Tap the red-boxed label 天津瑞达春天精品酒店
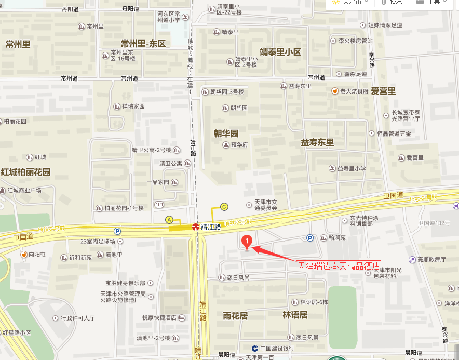(338, 266)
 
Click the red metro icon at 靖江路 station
(195, 227)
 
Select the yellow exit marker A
(169, 219)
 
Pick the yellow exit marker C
(224, 206)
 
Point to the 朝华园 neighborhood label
(226, 133)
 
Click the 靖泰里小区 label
(280, 52)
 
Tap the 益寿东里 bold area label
(317, 142)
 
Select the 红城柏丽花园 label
(25, 172)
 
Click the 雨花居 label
(235, 315)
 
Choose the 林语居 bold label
(295, 315)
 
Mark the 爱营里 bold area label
(383, 91)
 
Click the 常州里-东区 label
(143, 44)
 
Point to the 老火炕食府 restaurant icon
(335, 91)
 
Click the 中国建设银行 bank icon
(255, 348)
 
